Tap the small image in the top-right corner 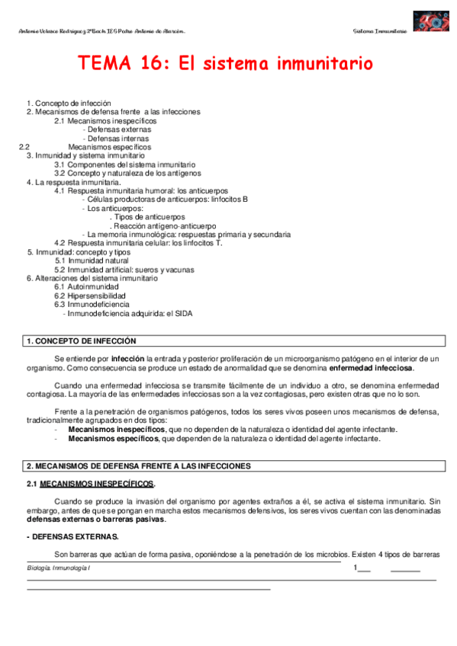430,21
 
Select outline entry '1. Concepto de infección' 69,103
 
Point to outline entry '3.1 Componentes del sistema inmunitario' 124,165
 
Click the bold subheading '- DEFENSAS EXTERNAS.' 72,537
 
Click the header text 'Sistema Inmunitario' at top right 380,31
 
